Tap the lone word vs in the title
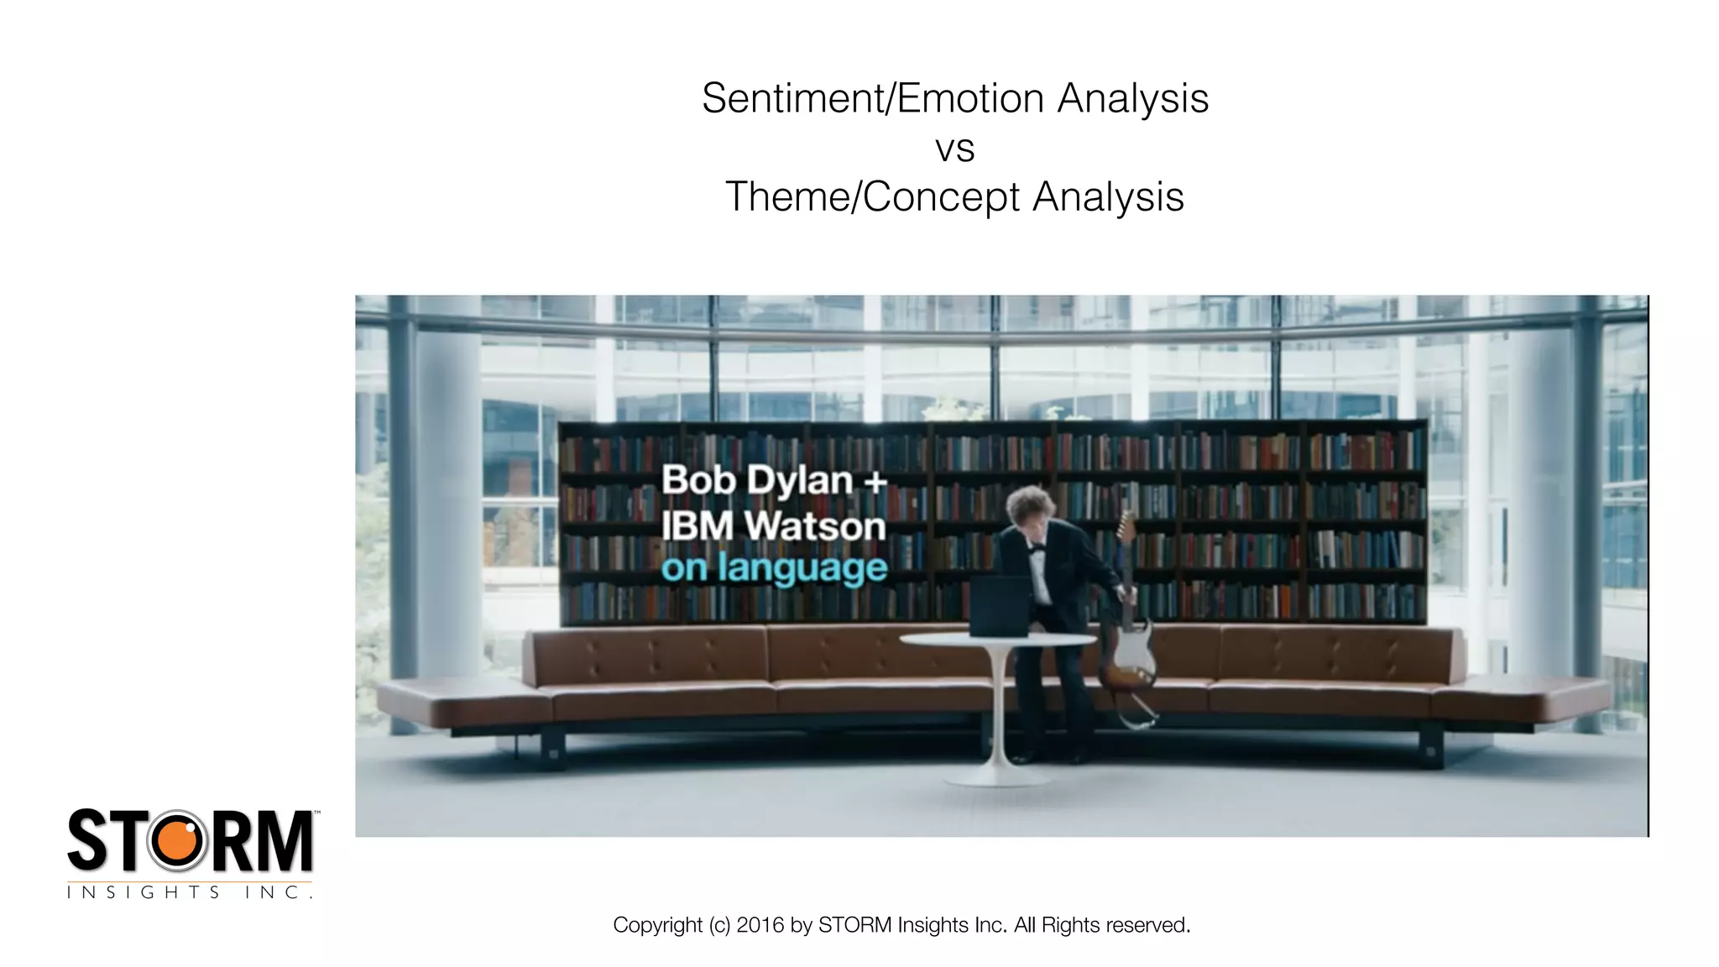[954, 149]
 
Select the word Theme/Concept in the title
[872, 198]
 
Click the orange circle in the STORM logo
[177, 840]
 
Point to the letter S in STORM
[87, 840]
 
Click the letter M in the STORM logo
[284, 840]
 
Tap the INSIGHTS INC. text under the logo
[190, 892]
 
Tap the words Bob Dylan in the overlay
[756, 481]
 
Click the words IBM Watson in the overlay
[773, 526]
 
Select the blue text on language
[774, 569]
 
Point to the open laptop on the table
[1000, 607]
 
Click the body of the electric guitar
[1128, 660]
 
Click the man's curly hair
[1026, 503]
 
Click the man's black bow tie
[1037, 548]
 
